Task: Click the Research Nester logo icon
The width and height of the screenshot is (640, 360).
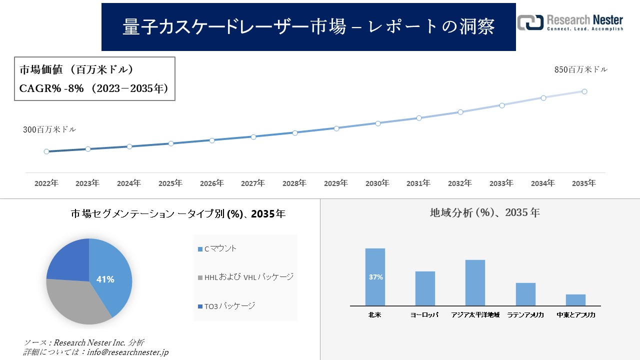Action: click(530, 22)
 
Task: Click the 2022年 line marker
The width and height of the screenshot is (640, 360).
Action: click(46, 151)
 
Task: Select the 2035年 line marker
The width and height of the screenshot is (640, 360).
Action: click(584, 91)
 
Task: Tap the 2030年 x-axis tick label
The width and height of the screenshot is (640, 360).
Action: click(377, 183)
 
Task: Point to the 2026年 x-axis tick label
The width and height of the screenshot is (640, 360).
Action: click(211, 183)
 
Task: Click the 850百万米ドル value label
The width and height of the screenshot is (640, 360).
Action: click(580, 70)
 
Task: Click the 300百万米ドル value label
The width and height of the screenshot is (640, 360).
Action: click(49, 129)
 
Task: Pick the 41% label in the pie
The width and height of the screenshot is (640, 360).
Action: click(105, 279)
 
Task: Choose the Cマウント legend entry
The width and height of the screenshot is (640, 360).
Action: click(217, 248)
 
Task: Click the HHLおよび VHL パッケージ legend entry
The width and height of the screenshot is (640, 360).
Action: click(245, 277)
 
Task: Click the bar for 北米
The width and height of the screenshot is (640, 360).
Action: click(375, 277)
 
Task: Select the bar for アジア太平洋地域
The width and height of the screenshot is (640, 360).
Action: click(475, 282)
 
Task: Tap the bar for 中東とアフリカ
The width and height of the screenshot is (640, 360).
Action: click(575, 300)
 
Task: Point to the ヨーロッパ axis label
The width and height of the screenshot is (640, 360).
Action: click(424, 315)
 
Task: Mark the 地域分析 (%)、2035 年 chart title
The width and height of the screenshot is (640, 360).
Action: click(484, 212)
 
